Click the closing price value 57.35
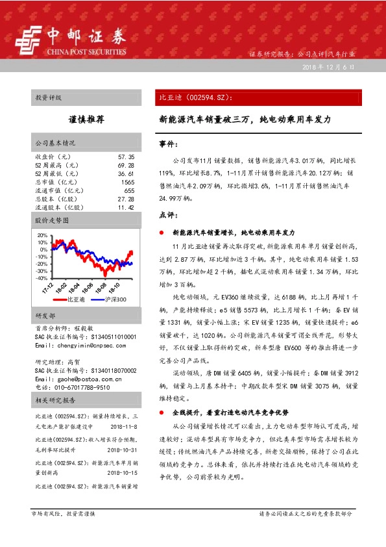126,157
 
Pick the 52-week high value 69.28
126,166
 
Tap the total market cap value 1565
127,183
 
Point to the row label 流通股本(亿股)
59,207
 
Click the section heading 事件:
168,144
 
